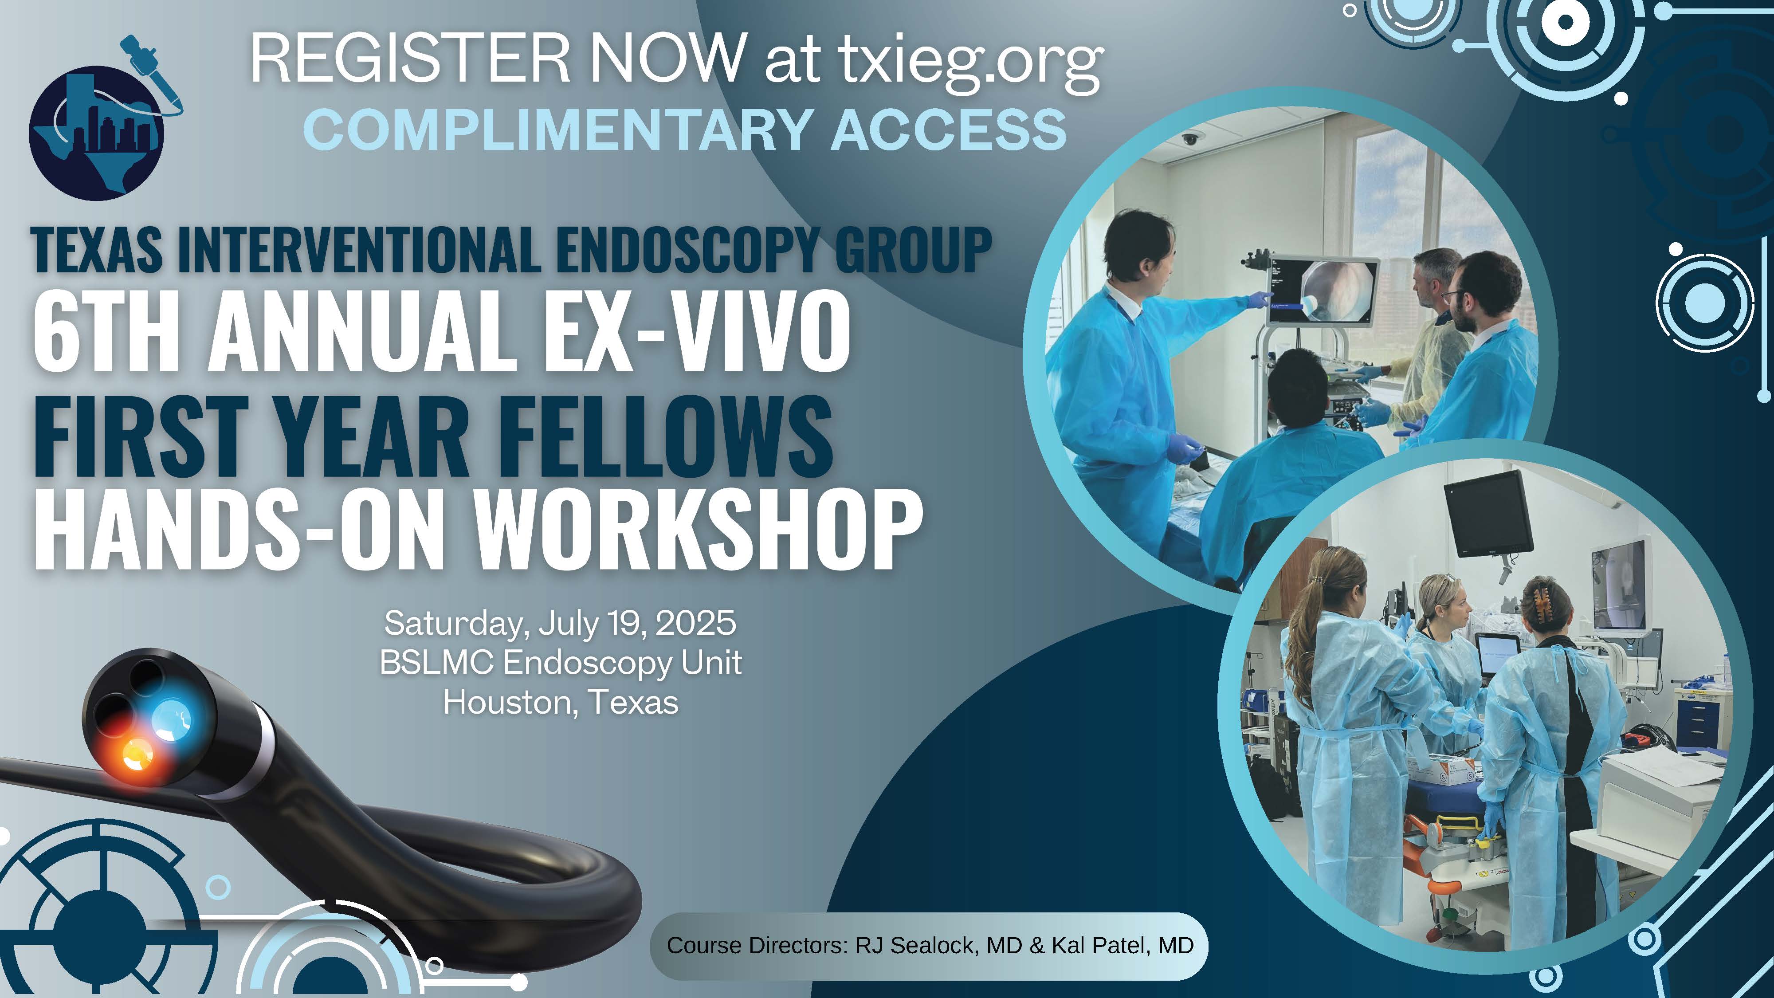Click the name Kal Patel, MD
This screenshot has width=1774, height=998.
[1122, 946]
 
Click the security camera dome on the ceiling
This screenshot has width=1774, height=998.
[1189, 140]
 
